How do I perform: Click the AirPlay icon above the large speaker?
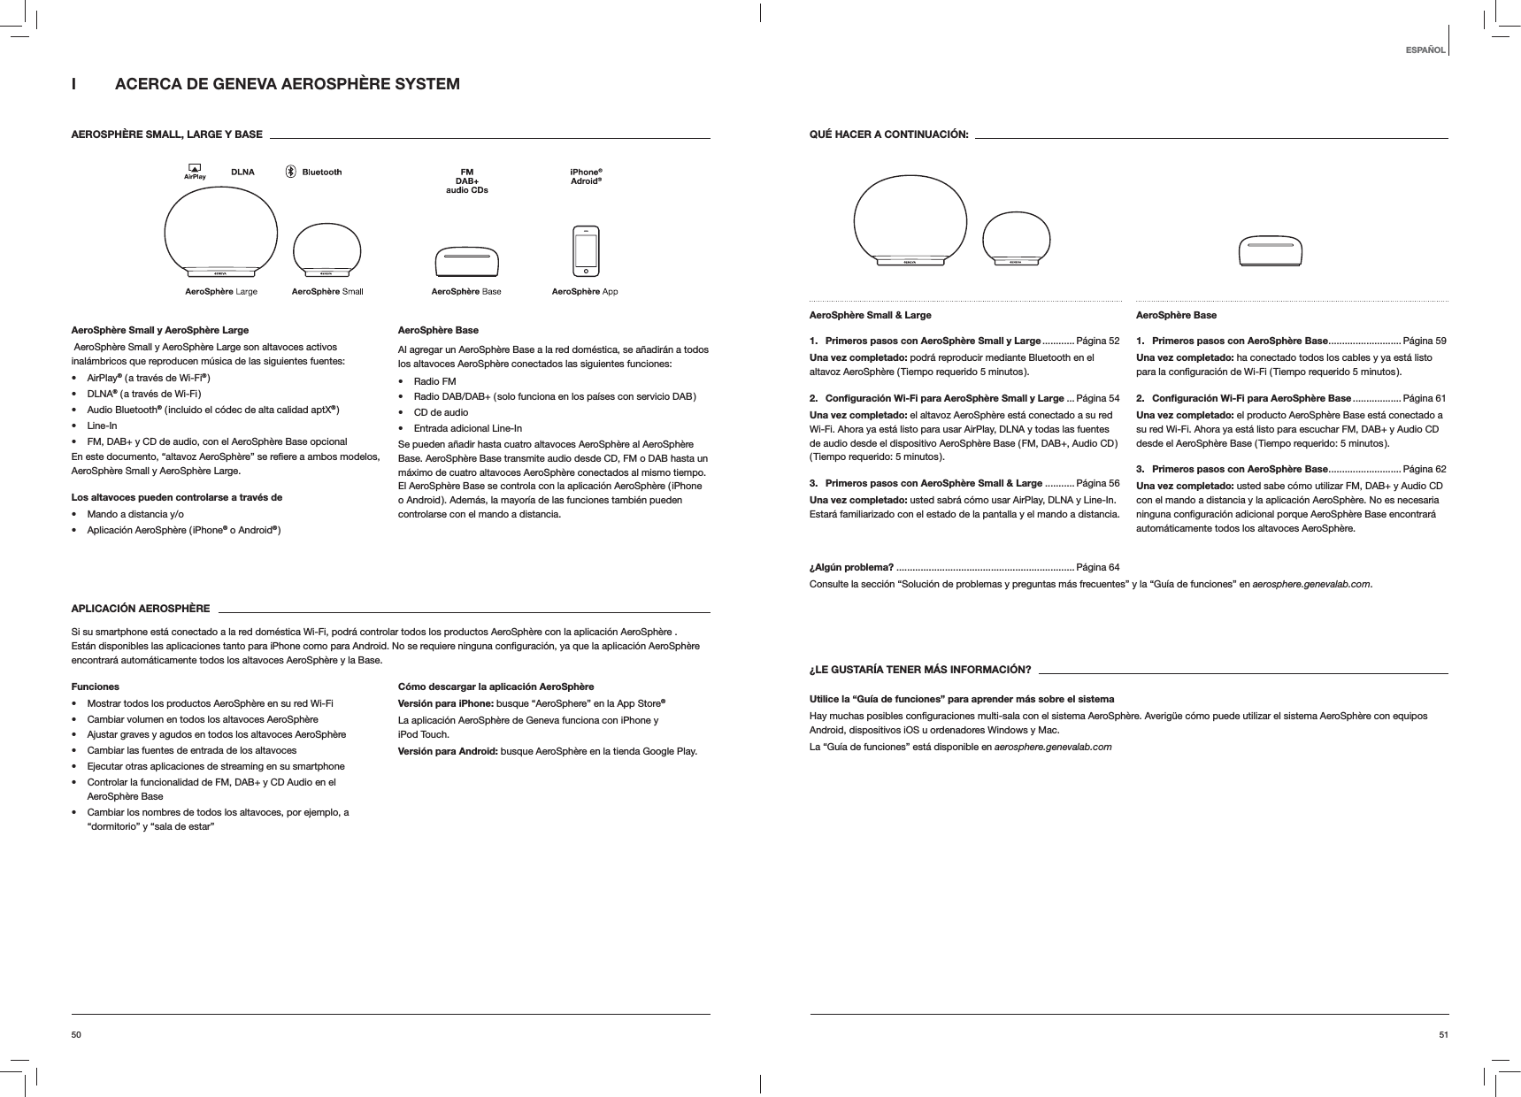coord(194,172)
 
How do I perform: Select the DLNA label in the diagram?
coord(242,173)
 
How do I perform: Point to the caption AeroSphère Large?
coord(221,291)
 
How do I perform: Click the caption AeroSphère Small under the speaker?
coord(327,291)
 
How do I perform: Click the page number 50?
coord(76,1034)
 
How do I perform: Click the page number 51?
coord(1443,1034)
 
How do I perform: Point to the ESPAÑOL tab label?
coord(1425,50)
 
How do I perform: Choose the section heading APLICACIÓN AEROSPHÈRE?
coord(140,610)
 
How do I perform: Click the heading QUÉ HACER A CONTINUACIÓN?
coord(889,134)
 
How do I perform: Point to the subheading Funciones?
coord(95,687)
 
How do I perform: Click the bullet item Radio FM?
coord(434,381)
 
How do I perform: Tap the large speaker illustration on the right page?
coord(911,219)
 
